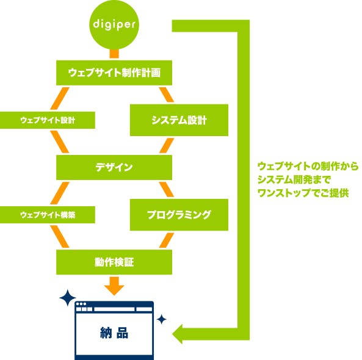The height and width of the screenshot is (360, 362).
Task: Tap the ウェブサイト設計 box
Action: pos(48,120)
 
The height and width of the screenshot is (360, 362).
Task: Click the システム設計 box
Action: pos(179,120)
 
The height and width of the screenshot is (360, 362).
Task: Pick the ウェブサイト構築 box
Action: pos(48,215)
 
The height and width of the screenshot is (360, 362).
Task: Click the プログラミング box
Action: pos(179,215)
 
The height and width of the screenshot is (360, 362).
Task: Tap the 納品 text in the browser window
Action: pos(114,333)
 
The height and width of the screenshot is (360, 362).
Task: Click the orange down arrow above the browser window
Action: pos(114,284)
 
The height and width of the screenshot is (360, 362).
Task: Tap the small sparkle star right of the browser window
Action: pos(162,319)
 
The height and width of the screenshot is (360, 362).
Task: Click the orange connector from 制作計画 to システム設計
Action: pos(166,96)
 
